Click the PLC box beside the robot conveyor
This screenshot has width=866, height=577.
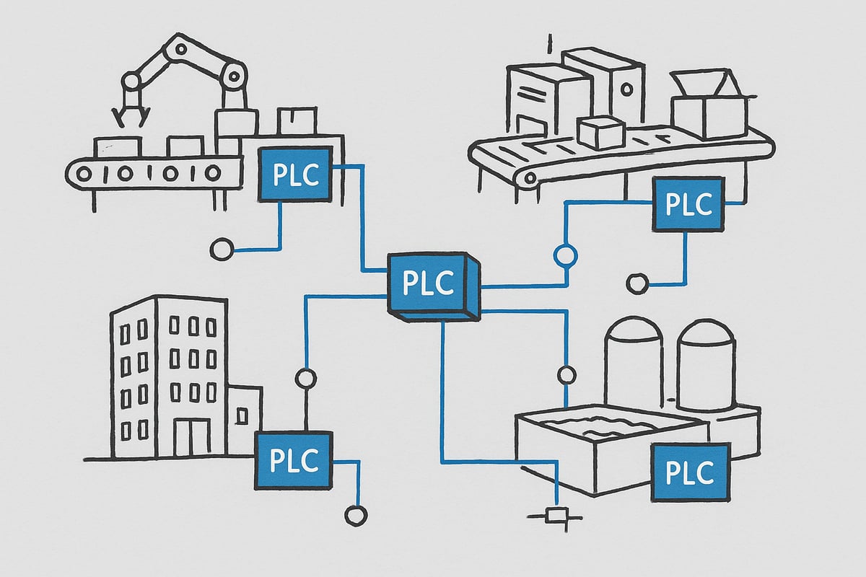coord(295,174)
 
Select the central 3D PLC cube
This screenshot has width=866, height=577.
coord(429,283)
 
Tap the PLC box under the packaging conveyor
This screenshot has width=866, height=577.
coord(688,204)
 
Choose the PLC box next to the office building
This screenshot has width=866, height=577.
coord(293,460)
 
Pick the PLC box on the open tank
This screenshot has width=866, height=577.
coord(689,472)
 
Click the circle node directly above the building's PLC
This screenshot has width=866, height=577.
coord(305,377)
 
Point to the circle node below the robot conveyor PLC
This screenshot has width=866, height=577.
coord(221,250)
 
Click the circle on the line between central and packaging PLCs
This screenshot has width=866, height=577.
coord(565,255)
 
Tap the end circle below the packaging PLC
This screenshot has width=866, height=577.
coord(637,283)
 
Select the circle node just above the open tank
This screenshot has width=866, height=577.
coord(567,375)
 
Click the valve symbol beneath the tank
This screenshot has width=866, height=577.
coord(556,515)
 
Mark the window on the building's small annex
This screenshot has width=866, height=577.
coord(242,415)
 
